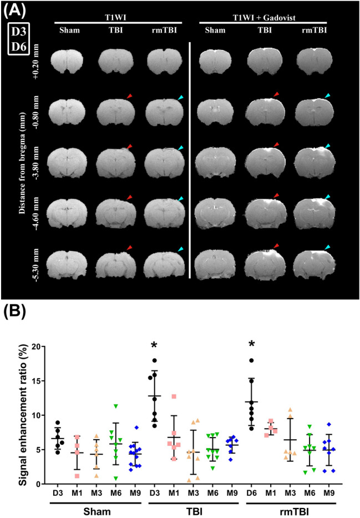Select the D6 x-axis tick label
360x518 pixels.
tap(252, 493)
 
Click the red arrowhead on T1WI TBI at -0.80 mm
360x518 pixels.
tap(129, 97)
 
